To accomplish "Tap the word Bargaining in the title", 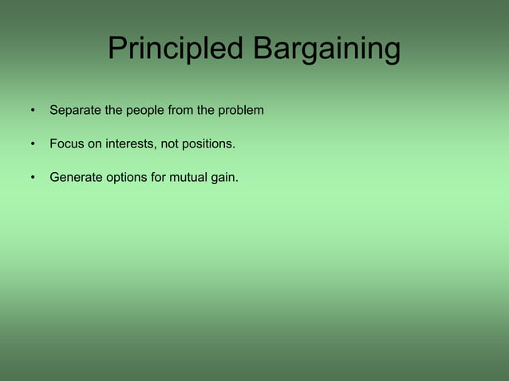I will (x=326, y=49).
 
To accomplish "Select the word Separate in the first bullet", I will (x=75, y=110).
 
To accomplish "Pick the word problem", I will (x=241, y=110).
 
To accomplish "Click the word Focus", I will (x=67, y=144).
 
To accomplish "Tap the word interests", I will (x=132, y=144).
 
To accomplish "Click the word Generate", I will (x=76, y=178).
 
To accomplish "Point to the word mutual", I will (x=189, y=178).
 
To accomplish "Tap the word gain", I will (x=225, y=178).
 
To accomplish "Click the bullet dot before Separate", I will (x=34, y=111).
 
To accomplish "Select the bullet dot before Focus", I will (x=34, y=145).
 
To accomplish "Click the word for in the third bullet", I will (x=160, y=178).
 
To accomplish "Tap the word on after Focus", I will (x=96, y=144).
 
